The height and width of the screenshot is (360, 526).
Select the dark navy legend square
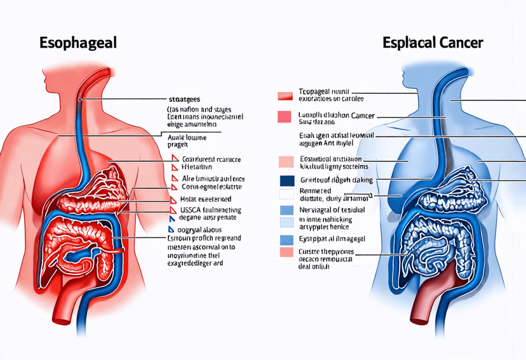[287, 180]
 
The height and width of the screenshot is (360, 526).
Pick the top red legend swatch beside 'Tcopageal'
[285, 96]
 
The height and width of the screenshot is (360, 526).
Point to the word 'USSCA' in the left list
[184, 208]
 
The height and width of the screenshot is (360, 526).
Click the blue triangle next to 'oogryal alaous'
[171, 228]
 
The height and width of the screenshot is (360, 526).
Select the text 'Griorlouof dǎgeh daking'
[335, 180]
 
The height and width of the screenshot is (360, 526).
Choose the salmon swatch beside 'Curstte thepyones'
[287, 253]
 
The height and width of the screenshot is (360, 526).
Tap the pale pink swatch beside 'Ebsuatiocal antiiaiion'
[287, 161]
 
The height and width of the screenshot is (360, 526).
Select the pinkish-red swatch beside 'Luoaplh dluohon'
[285, 117]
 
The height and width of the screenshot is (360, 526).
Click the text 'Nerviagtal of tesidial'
[332, 210]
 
